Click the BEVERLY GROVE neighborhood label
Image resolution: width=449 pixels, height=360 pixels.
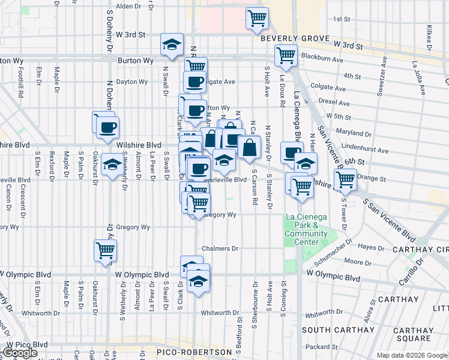pos(288,38)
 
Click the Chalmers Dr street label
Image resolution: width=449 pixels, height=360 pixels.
pos(220,248)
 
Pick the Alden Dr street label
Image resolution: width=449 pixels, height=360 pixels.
pos(128,7)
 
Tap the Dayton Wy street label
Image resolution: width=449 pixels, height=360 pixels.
pos(132,82)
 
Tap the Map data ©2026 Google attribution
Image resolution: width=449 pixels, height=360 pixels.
pos(412,355)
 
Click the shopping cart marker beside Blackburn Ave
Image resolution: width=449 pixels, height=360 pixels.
pos(286,55)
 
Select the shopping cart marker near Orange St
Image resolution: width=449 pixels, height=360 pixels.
pos(345,179)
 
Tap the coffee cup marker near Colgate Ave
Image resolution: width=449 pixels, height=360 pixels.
pos(194,82)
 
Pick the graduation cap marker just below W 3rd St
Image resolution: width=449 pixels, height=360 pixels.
pos(172,44)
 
